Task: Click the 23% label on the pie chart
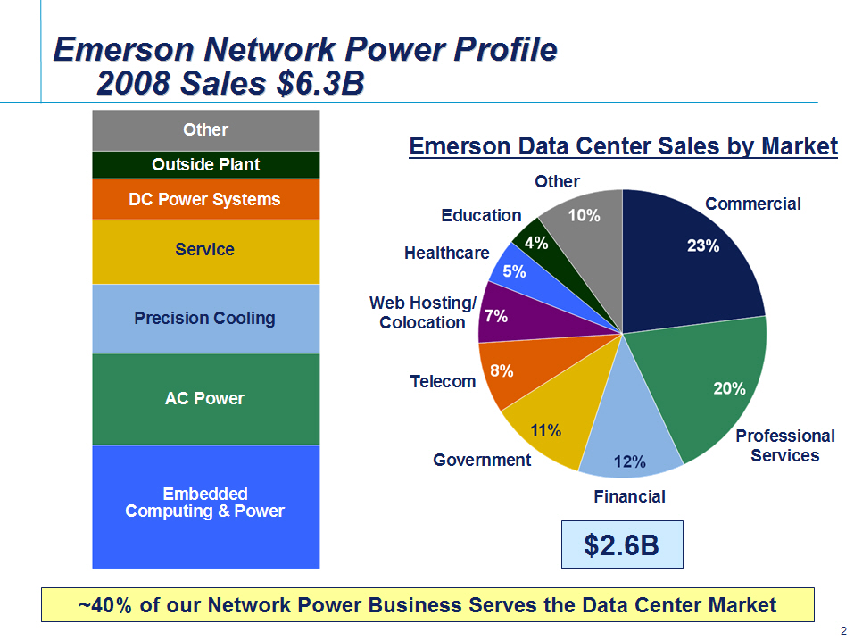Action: pyautogui.click(x=703, y=245)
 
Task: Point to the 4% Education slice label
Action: pyautogui.click(x=536, y=243)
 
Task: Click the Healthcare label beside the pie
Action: pyautogui.click(x=446, y=253)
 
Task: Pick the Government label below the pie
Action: pyautogui.click(x=482, y=460)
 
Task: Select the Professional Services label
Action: pyautogui.click(x=784, y=445)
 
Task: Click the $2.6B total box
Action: pyautogui.click(x=622, y=544)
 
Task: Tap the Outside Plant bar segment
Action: pyautogui.click(x=206, y=164)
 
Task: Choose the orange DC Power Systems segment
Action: pyautogui.click(x=206, y=199)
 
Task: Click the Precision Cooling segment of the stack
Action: pyautogui.click(x=206, y=319)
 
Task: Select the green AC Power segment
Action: pyautogui.click(x=206, y=399)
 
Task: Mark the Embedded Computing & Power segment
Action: pyautogui.click(x=206, y=507)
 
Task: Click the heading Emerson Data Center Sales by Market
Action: pyautogui.click(x=623, y=146)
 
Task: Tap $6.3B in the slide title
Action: pyautogui.click(x=320, y=83)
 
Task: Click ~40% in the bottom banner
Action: pyautogui.click(x=105, y=605)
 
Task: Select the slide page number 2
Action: pyautogui.click(x=843, y=631)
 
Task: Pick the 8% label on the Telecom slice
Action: pyautogui.click(x=502, y=371)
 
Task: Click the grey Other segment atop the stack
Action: pyautogui.click(x=206, y=130)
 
